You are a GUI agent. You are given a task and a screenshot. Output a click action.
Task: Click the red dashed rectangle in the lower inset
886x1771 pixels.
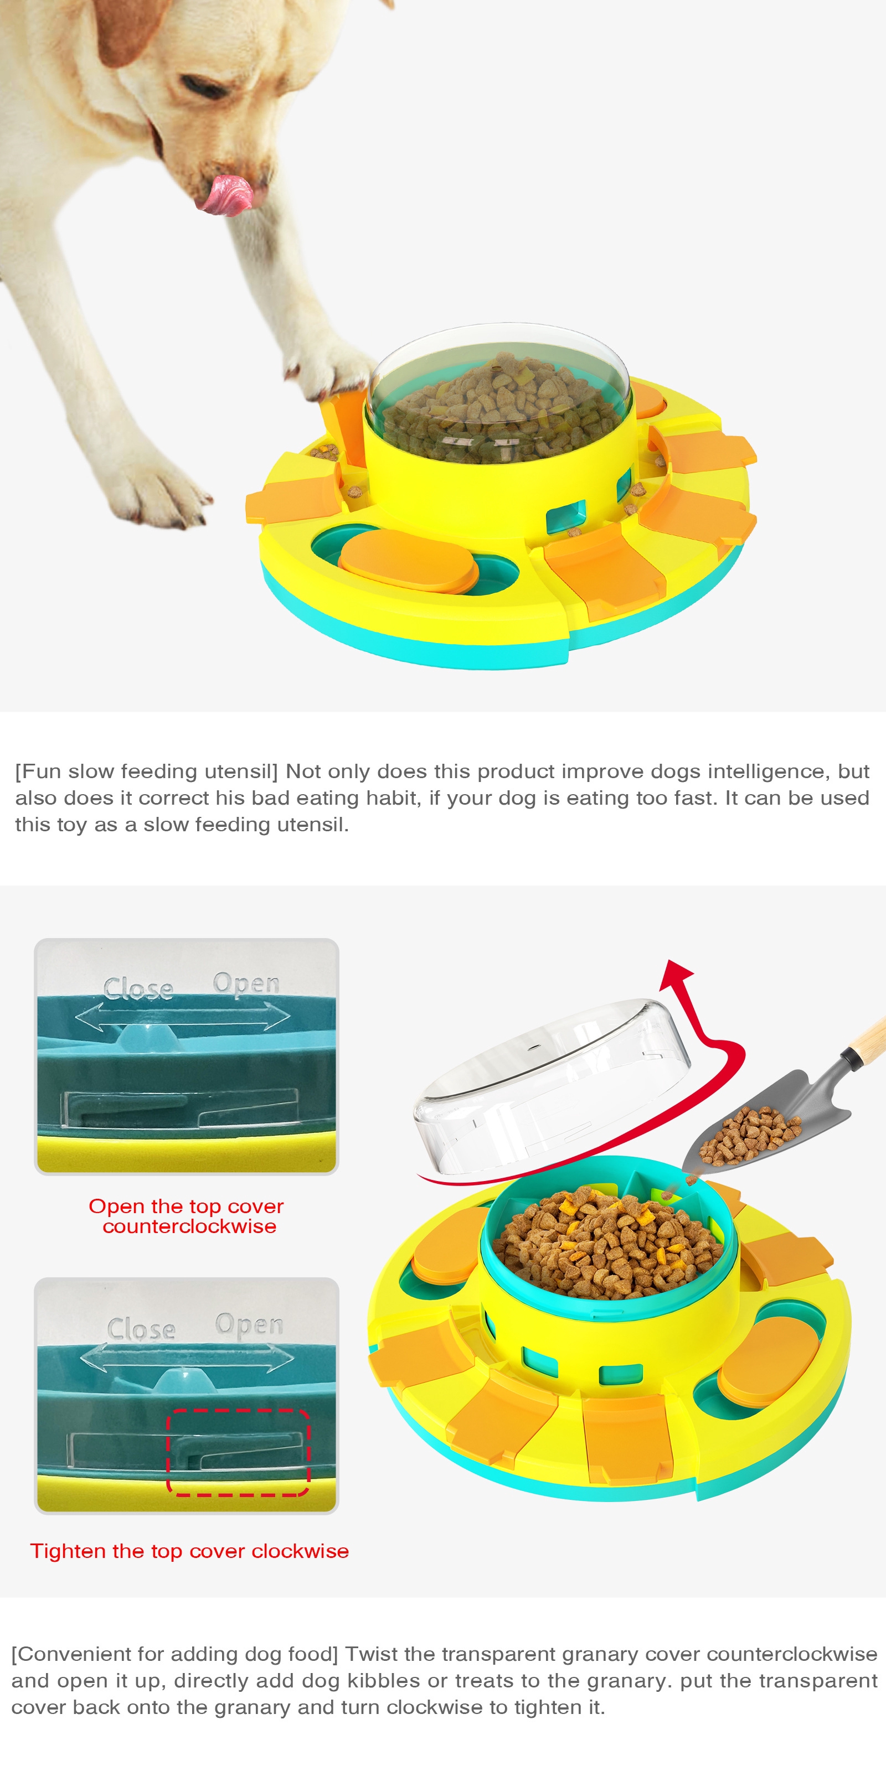(x=239, y=1452)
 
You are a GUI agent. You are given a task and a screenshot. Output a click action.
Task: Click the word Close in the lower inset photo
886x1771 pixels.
(x=142, y=1329)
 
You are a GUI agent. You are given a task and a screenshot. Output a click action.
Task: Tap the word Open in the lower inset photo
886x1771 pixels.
(x=249, y=1324)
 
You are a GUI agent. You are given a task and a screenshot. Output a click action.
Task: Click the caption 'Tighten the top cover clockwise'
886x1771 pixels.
(x=189, y=1551)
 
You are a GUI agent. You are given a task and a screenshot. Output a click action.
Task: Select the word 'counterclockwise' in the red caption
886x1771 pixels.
(x=189, y=1226)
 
